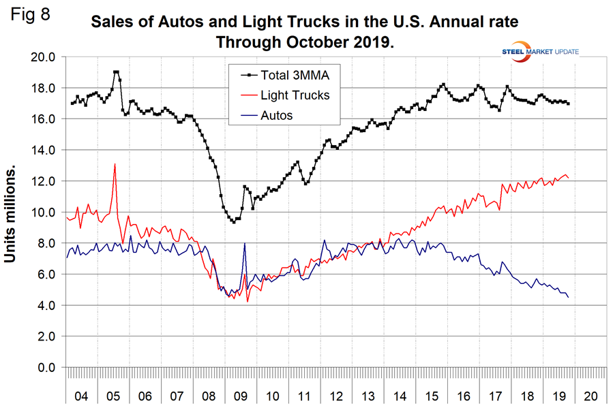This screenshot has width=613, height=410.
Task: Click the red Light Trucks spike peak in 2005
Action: pyautogui.click(x=115, y=163)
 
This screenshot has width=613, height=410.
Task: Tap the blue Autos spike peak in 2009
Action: pyautogui.click(x=244, y=243)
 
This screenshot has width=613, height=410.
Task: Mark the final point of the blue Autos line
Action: pyautogui.click(x=568, y=297)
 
